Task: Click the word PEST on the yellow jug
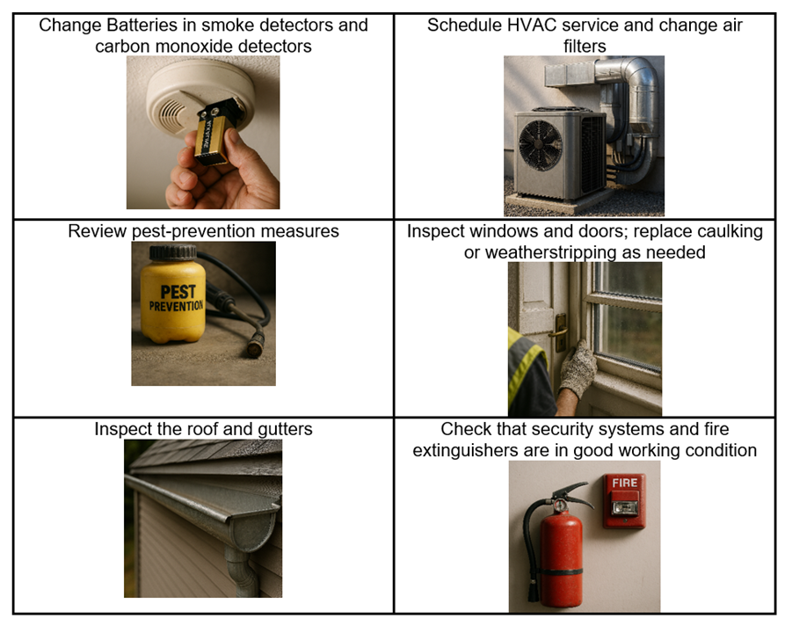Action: click(178, 292)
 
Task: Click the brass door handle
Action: click(559, 332)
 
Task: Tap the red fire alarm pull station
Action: click(625, 500)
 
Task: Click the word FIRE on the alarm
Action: click(625, 483)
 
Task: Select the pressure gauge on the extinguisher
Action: click(559, 505)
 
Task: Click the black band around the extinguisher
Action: click(561, 571)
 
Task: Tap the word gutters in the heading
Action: click(285, 429)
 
